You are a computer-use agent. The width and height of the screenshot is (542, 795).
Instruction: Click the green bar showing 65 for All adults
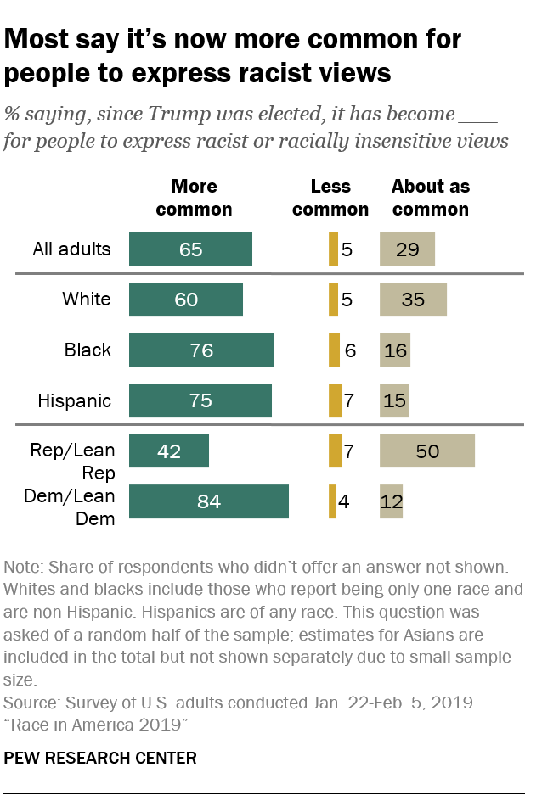pyautogui.click(x=190, y=249)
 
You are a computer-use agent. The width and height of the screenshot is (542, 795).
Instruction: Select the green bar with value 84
pyautogui.click(x=208, y=501)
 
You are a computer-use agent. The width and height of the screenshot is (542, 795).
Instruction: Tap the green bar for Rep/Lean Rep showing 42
pyautogui.click(x=168, y=451)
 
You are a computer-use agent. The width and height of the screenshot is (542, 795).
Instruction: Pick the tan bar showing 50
pyautogui.click(x=426, y=451)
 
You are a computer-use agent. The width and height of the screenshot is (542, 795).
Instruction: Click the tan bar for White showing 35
pyautogui.click(x=413, y=300)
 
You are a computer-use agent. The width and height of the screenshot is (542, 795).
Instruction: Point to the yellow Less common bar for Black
pyautogui.click(x=334, y=350)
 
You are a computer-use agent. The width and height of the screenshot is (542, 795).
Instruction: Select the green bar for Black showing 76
pyautogui.click(x=201, y=350)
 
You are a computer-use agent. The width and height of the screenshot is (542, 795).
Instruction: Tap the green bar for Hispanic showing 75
pyautogui.click(x=200, y=400)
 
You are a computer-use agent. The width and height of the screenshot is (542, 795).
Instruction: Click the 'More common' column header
pyautogui.click(x=195, y=197)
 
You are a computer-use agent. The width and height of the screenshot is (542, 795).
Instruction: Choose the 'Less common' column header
pyautogui.click(x=330, y=197)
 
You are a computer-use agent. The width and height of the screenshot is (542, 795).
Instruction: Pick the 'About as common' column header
pyautogui.click(x=430, y=197)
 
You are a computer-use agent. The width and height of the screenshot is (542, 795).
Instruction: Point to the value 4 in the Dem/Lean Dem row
pyautogui.click(x=345, y=501)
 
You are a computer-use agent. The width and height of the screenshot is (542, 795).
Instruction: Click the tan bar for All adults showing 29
pyautogui.click(x=407, y=249)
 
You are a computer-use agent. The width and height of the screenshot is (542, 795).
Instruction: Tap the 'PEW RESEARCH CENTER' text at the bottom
pyautogui.click(x=100, y=758)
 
